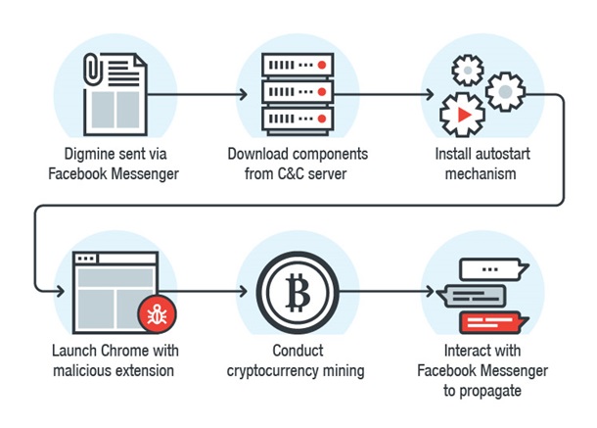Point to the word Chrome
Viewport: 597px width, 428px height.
(x=136, y=351)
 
